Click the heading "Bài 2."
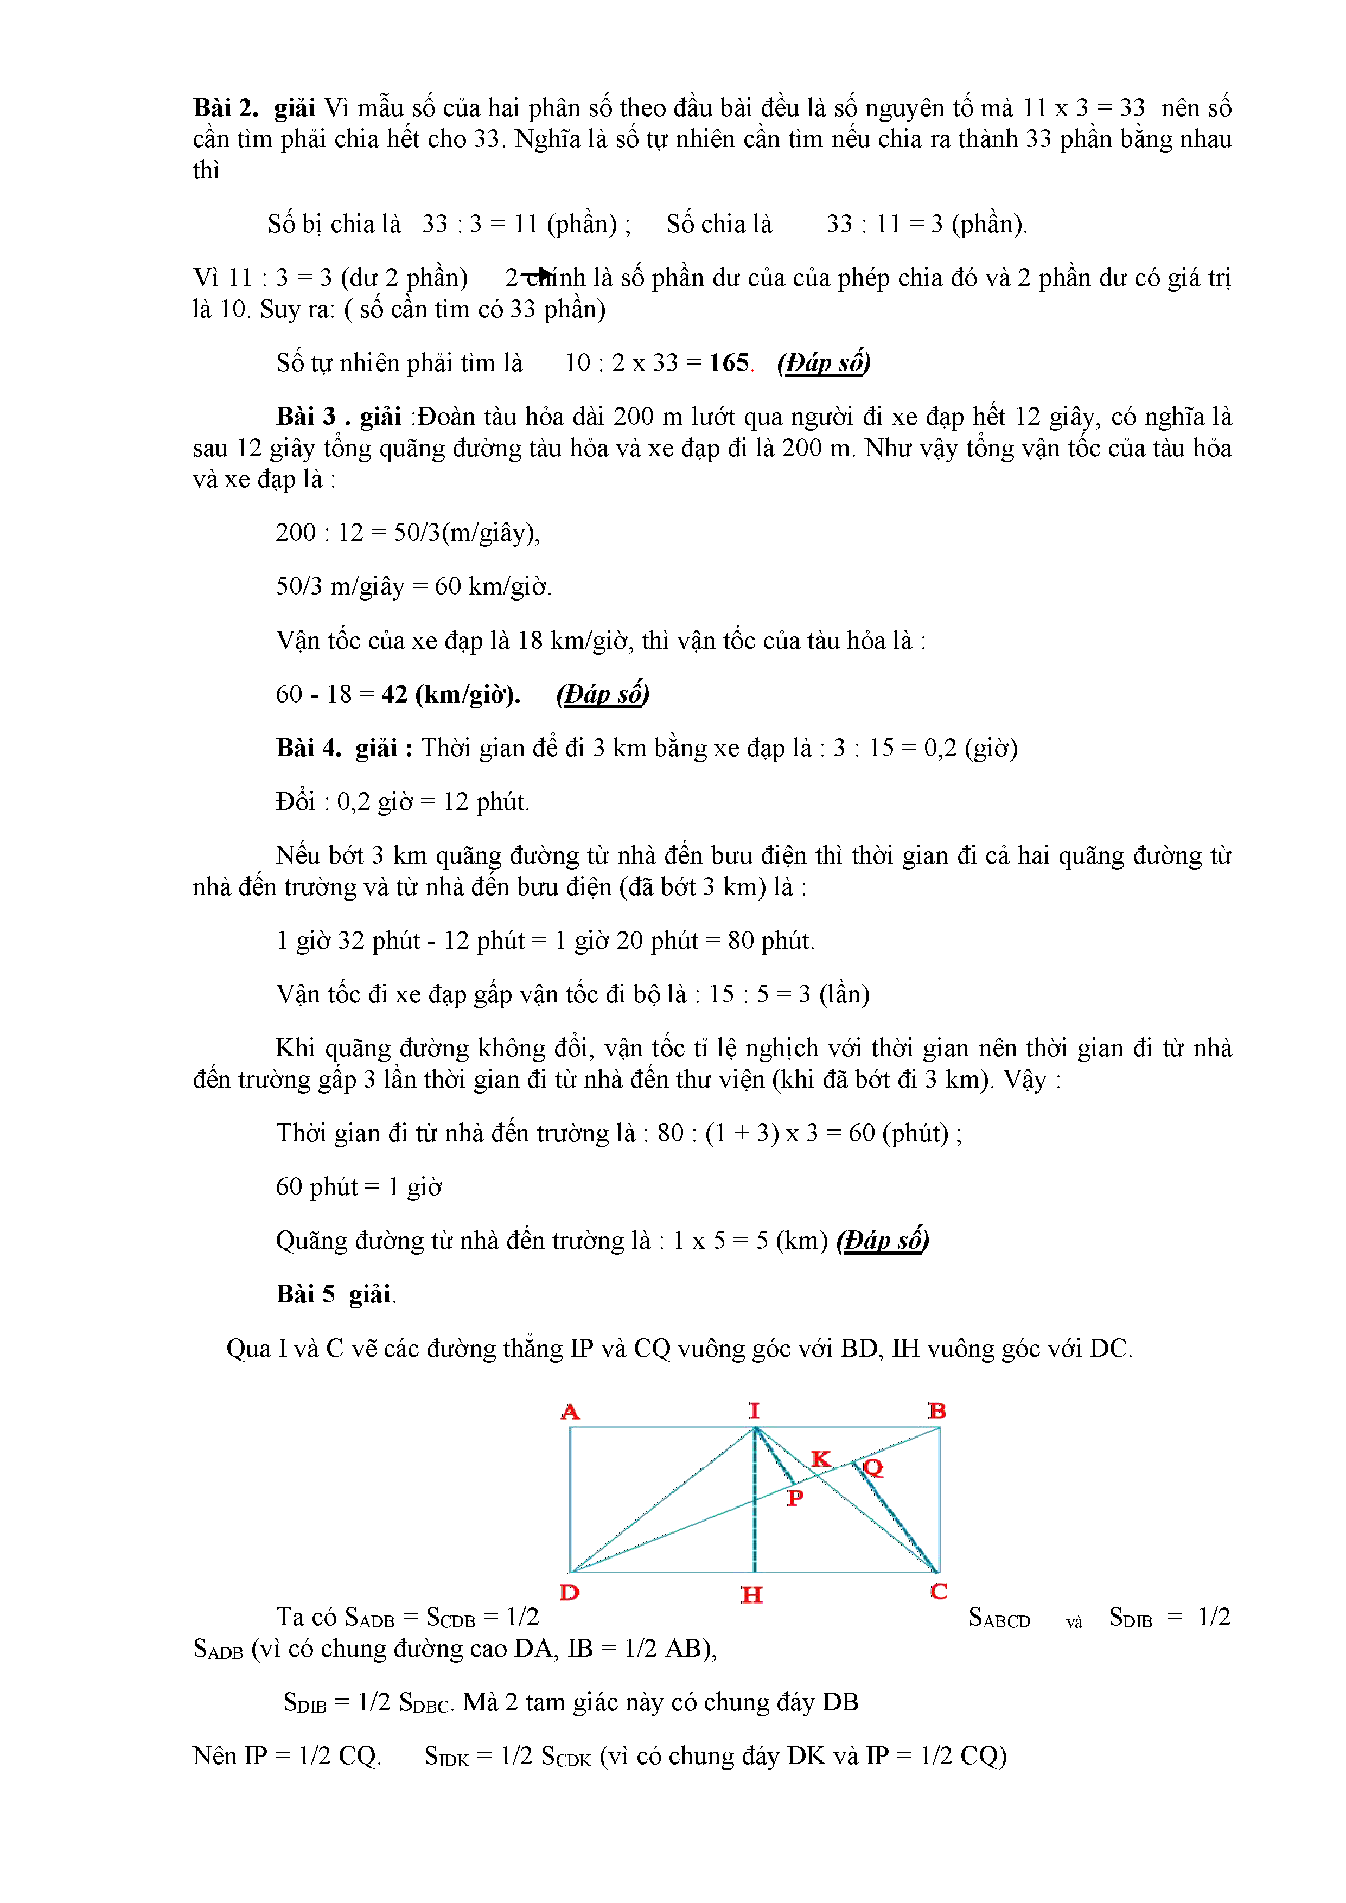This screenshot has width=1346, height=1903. click(x=226, y=108)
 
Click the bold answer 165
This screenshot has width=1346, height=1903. click(x=729, y=363)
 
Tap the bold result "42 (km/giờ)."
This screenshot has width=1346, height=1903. click(x=451, y=694)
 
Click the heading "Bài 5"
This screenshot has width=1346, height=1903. click(x=305, y=1295)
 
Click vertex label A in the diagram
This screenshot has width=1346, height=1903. click(x=570, y=1412)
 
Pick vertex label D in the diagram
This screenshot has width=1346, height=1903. click(x=570, y=1592)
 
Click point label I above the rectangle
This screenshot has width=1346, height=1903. click(x=754, y=1410)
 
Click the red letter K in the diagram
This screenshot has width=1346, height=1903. click(x=820, y=1459)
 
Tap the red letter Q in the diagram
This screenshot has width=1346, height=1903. click(x=873, y=1468)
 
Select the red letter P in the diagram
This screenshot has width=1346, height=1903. click(x=795, y=1498)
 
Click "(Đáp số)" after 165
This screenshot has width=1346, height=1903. click(x=824, y=363)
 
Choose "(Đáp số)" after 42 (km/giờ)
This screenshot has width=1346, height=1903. click(x=603, y=694)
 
